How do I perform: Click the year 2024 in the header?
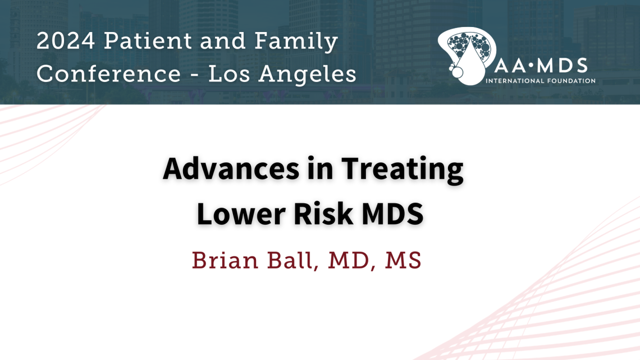[66, 41]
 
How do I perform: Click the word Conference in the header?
[108, 74]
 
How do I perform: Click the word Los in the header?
[229, 74]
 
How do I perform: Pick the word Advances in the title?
[231, 168]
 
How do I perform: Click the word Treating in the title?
[403, 170]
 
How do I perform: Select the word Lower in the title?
[241, 213]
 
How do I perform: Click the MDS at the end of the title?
[392, 213]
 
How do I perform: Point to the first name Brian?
[225, 260]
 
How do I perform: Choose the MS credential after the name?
[403, 261]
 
